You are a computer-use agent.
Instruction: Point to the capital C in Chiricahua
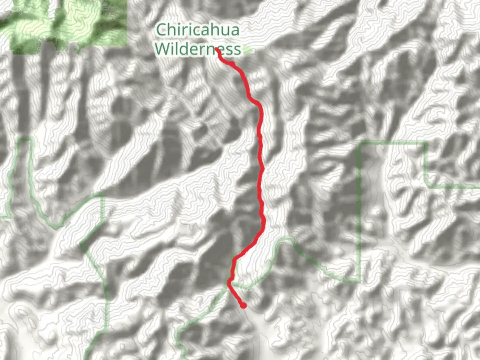click(161, 30)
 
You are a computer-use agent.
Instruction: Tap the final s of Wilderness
click(237, 50)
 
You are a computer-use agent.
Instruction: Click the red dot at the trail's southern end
click(244, 305)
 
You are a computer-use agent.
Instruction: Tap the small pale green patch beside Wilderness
click(247, 50)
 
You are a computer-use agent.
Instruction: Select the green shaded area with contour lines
click(67, 23)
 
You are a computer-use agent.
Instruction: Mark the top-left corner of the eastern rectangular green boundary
click(360, 144)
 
